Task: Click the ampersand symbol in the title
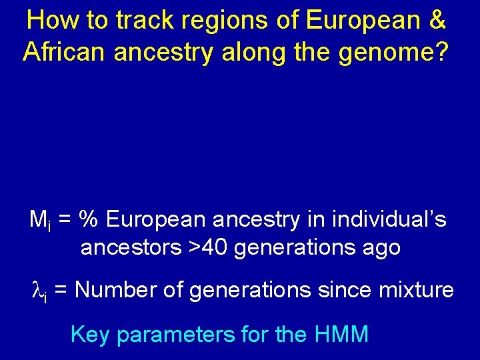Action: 437,21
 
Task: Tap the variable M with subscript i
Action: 37,219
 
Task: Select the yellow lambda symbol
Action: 37,290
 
